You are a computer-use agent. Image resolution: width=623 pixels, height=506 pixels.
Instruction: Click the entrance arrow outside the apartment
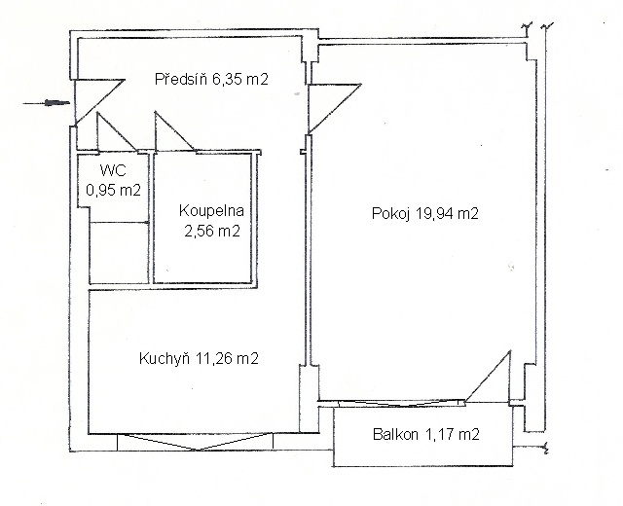pos(47,103)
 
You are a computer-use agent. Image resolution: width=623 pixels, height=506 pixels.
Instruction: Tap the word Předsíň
pos(182,79)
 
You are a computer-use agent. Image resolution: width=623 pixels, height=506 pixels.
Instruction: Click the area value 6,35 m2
pos(240,80)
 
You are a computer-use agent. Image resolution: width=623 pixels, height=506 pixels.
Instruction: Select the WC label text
pos(113,170)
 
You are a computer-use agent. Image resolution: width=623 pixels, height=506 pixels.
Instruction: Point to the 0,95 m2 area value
pos(114,191)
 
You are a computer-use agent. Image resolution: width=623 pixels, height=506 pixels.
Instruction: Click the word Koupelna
pos(211,210)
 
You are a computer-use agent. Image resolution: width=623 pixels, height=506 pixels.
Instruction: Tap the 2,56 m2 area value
pos(212,231)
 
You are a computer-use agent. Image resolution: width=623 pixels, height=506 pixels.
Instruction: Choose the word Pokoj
pos(391,214)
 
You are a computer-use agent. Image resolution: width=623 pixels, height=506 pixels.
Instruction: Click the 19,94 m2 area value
pos(447,214)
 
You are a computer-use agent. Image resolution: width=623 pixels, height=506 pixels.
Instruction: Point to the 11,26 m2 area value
pos(227,359)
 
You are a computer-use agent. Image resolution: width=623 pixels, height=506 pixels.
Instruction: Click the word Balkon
pos(395,434)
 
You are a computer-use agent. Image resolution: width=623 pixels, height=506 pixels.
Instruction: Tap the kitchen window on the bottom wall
pos(196,442)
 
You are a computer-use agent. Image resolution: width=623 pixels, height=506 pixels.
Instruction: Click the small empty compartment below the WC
pos(119,253)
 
